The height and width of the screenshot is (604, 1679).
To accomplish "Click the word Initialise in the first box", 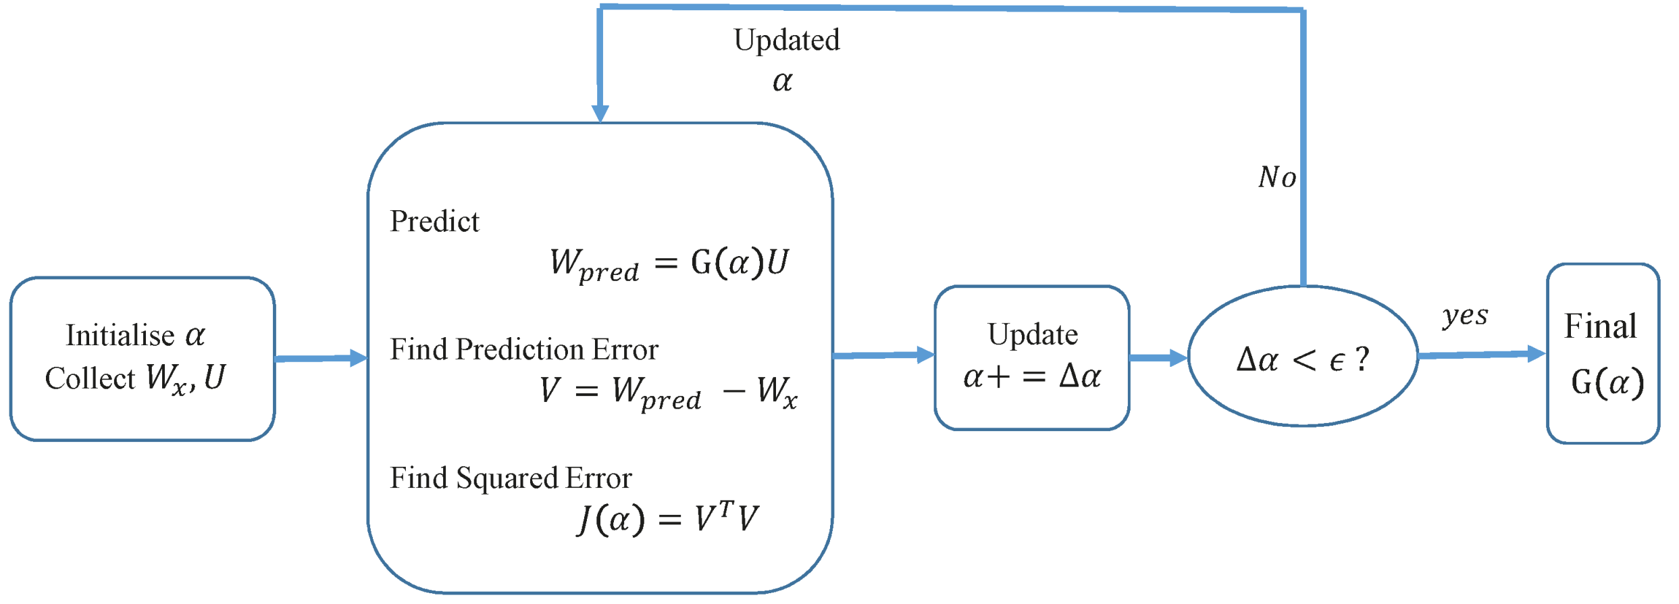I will pos(120,336).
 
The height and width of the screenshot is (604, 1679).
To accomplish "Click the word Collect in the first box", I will pos(90,379).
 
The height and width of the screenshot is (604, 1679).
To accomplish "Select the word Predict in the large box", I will pos(434,222).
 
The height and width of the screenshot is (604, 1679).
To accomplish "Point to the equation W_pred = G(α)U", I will pos(669,263).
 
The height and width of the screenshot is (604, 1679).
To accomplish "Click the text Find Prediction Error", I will pos(523,350).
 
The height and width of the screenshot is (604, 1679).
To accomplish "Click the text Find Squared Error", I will pos(511,478).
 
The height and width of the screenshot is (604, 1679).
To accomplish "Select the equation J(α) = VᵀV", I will pos(667,519).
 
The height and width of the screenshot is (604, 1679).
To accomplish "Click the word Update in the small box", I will pos(1032,335).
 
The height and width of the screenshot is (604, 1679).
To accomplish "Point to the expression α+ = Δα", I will pos(1032,377).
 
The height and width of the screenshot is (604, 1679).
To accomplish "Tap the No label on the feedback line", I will pos(1276,178).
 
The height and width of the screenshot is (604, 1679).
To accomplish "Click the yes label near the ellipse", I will pos(1464,316).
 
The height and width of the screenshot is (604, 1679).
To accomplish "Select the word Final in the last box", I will pos(1600,327).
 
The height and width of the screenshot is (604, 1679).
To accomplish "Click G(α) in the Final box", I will pos(1607,383).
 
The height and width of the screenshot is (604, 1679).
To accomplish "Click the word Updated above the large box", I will pos(787,41).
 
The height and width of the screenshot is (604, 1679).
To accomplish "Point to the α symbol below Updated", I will pos(782,82).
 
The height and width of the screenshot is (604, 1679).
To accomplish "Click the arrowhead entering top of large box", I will pos(600,113).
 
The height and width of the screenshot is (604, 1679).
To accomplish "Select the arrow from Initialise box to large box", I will pos(321,358).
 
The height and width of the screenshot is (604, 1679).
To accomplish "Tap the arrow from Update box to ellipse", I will pos(1158,357).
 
